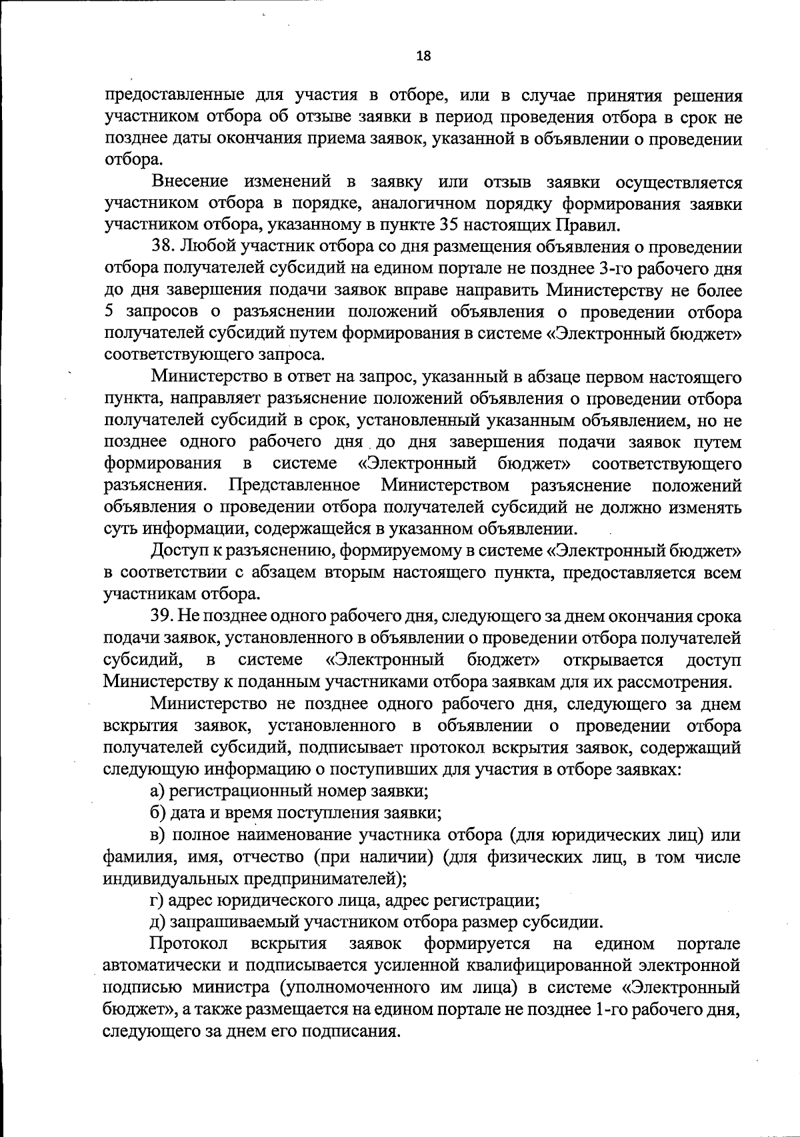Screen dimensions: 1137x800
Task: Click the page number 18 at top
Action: pyautogui.click(x=423, y=56)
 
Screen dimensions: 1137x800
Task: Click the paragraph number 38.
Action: pyautogui.click(x=163, y=247)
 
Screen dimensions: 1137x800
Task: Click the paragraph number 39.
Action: pyautogui.click(x=163, y=616)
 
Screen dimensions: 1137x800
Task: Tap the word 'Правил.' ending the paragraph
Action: pyautogui.click(x=598, y=225)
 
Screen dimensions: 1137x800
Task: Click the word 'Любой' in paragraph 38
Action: pyautogui.click(x=203, y=247)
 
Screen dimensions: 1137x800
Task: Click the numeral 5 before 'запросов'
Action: pyautogui.click(x=110, y=312)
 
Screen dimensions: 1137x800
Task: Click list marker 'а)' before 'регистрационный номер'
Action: pyautogui.click(x=158, y=791)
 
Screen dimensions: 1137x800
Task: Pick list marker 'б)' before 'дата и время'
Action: pyautogui.click(x=158, y=813)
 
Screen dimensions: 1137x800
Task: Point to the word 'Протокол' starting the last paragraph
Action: pyautogui.click(x=189, y=944)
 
